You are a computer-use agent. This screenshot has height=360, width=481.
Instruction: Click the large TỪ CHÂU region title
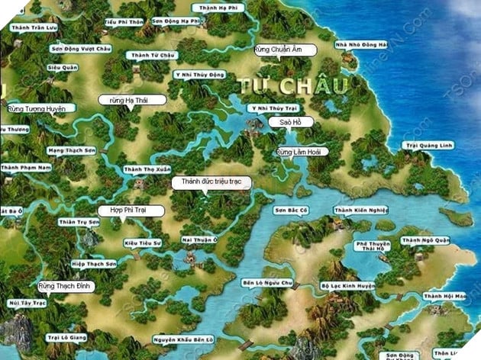[x=293, y=84]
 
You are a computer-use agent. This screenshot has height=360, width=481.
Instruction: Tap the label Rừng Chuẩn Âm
[x=278, y=50]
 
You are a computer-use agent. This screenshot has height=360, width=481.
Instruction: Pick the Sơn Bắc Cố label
[x=291, y=210]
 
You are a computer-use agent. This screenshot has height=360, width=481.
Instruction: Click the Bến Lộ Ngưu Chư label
[x=268, y=282]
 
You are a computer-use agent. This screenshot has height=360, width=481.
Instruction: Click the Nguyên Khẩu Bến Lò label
[x=182, y=339]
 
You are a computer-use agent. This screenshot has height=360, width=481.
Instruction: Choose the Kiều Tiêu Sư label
[x=143, y=243]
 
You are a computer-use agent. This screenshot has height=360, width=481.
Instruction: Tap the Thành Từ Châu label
[x=153, y=55]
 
